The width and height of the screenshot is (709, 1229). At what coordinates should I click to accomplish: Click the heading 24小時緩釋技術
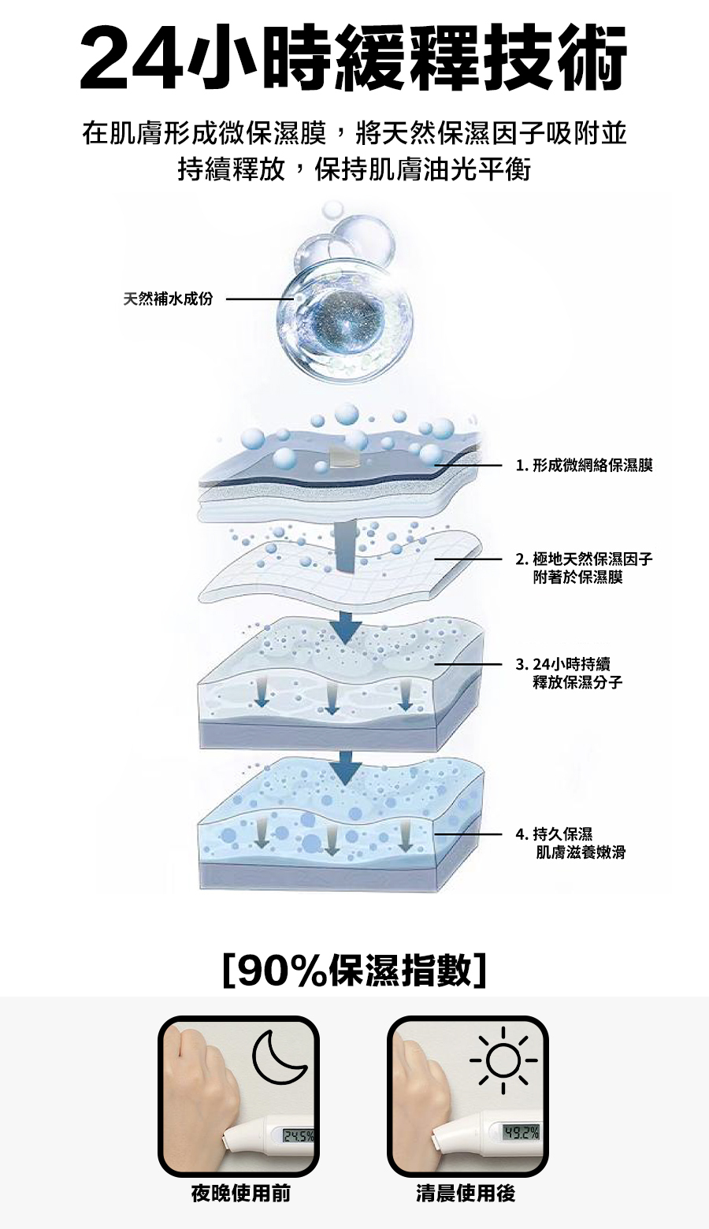(354, 58)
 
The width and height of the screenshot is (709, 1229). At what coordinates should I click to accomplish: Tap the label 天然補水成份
(168, 299)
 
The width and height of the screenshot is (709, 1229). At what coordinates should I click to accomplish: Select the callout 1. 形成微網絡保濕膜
(584, 466)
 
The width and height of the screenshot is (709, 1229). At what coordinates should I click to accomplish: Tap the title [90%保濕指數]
(354, 970)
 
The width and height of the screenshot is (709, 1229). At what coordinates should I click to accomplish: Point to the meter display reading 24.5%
(298, 1137)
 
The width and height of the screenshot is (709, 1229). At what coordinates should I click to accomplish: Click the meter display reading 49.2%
(522, 1134)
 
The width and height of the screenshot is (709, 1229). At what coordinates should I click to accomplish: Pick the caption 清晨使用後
(466, 1194)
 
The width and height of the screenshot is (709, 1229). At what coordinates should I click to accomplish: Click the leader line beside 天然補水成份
(260, 299)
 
